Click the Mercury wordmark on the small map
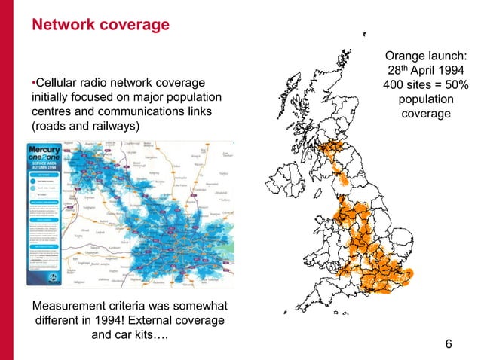coord(45,150)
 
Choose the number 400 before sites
coord(397,86)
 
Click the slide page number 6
coord(449,343)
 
